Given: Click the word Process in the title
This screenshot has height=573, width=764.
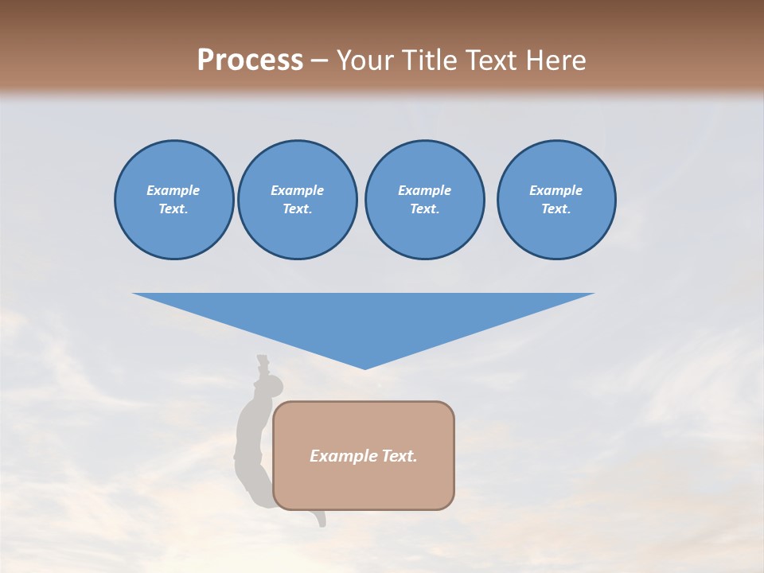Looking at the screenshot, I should (250, 60).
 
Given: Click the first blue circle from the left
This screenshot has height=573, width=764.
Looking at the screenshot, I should (174, 200).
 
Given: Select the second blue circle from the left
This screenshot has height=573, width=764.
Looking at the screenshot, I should (298, 200).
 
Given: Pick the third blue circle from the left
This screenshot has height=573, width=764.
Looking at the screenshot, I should (424, 200).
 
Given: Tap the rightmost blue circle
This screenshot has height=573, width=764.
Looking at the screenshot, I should (556, 200).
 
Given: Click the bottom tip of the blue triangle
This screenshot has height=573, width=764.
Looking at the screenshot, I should (364, 368).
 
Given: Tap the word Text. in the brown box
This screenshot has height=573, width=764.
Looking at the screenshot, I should (400, 456).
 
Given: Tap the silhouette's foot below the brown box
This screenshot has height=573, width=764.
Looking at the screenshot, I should (321, 520).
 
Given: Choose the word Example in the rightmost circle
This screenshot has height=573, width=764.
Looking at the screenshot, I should (556, 190).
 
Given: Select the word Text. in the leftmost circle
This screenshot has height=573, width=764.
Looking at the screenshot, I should (173, 209).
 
